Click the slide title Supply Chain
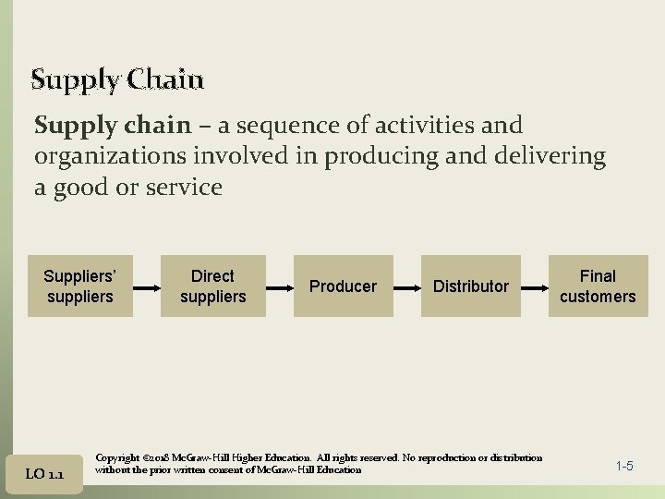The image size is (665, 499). point(117,80)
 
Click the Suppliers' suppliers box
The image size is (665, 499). point(79,286)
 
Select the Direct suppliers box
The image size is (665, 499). point(212,286)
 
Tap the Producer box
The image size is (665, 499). point(343,286)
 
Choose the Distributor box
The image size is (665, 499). point(471,286)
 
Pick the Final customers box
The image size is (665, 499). point(598,286)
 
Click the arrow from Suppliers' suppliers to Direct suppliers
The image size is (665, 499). point(147,286)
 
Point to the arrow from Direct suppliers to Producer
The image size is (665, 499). point(280,286)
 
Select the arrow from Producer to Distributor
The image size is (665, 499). point(407,286)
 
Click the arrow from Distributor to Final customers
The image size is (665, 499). point(535,286)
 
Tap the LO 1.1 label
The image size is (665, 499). point(44,474)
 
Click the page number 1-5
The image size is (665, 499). point(624,466)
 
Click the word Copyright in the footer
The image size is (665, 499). point(117,458)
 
